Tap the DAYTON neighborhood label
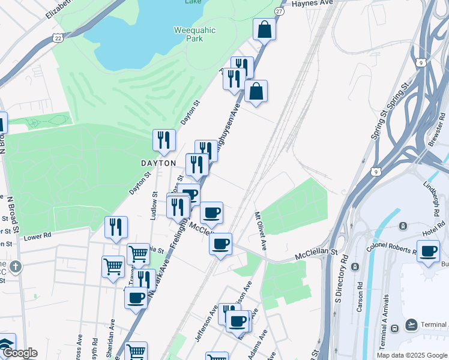[x=158, y=163]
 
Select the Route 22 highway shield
[x=58, y=38]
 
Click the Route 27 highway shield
[x=279, y=11]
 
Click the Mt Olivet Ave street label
[x=260, y=230]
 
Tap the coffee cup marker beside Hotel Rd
[x=428, y=251]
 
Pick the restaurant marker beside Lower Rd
[x=116, y=227]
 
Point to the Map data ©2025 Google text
[x=412, y=355]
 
